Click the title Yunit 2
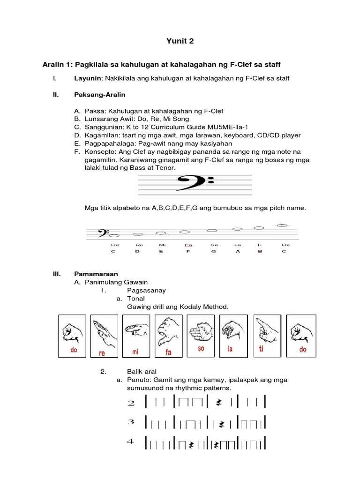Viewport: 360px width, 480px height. [x=180, y=41]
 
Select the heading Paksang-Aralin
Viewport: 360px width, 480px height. [x=99, y=95]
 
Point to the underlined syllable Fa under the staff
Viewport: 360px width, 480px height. [x=188, y=245]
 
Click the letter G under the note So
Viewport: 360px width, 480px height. [x=214, y=251]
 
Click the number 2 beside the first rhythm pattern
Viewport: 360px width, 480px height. [x=131, y=403]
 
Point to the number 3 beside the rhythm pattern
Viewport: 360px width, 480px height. [x=131, y=423]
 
